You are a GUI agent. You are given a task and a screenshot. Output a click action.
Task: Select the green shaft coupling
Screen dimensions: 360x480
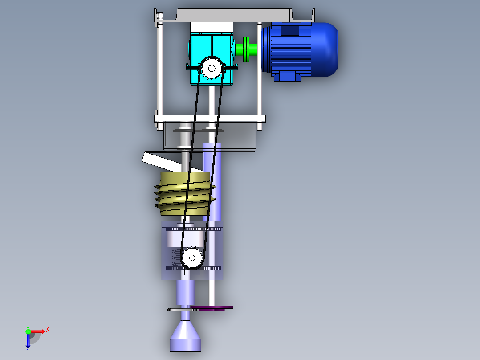[246, 49]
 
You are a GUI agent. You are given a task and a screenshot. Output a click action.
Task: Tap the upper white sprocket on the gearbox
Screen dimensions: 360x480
[212, 68]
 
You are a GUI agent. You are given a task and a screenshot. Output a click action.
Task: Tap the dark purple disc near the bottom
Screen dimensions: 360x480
[218, 307]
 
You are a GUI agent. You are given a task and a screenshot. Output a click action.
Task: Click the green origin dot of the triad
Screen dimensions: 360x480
[28, 331]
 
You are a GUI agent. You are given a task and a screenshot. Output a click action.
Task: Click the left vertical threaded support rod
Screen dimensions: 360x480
[159, 67]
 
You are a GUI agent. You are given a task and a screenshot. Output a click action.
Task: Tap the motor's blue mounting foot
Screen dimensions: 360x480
[287, 77]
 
